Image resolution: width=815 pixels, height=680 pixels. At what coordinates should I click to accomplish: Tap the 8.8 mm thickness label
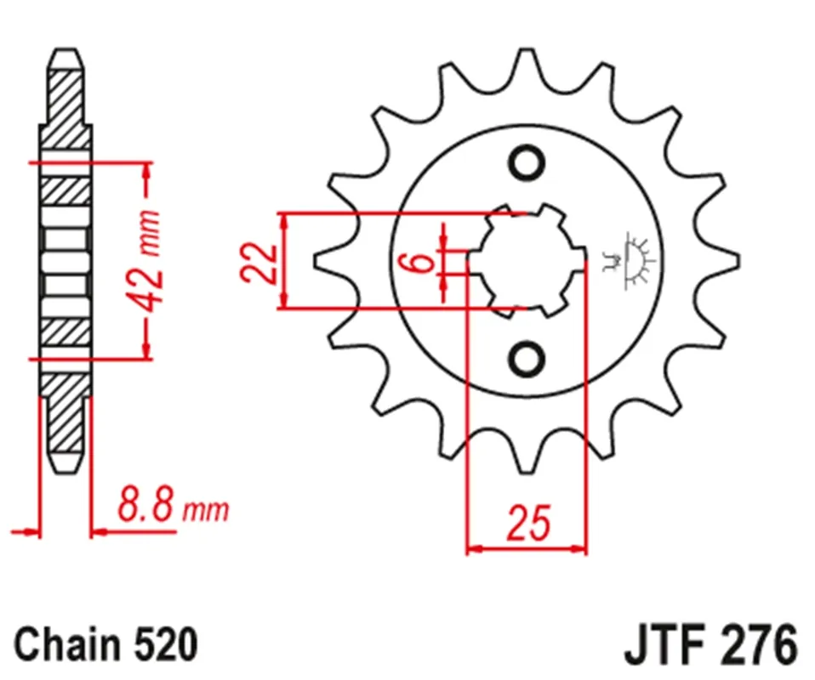pyautogui.click(x=173, y=504)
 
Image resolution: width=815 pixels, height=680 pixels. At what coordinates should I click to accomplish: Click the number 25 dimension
pyautogui.click(x=528, y=522)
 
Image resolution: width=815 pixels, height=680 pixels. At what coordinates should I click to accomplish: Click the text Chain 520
pyautogui.click(x=106, y=644)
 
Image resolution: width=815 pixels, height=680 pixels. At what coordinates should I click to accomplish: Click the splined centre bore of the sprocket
pyautogui.click(x=527, y=261)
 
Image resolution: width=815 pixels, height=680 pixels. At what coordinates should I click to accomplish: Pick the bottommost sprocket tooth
pyautogui.click(x=527, y=457)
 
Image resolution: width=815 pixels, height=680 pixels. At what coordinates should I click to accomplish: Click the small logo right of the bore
pyautogui.click(x=627, y=261)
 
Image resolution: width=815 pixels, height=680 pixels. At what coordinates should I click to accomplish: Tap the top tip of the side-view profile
pyautogui.click(x=66, y=48)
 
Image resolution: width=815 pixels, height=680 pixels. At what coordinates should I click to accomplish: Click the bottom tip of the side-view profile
pyautogui.click(x=66, y=472)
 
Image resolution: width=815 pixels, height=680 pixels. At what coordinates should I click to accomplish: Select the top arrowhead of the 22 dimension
pyautogui.click(x=284, y=222)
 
